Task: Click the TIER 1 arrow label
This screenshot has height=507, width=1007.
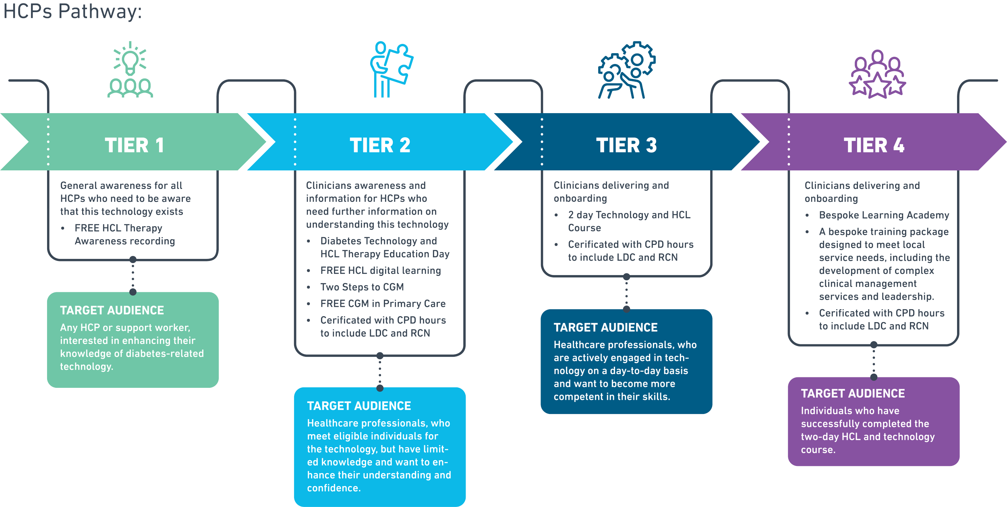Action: point(134,145)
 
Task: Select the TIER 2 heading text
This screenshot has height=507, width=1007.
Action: point(380,145)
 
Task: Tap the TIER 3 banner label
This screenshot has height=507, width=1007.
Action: point(626,145)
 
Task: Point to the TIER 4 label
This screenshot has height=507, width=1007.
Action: point(874,145)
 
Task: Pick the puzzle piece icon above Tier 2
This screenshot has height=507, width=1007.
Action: point(397,64)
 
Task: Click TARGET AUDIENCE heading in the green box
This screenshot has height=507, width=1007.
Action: point(112,310)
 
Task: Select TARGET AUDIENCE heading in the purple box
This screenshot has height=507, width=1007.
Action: point(853,393)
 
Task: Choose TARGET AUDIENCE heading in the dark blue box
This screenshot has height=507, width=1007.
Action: point(605,327)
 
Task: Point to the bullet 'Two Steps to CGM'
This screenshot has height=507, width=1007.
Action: point(362,287)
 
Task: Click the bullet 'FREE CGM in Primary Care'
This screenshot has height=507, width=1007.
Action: point(383,304)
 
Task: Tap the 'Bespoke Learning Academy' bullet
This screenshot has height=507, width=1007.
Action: point(884,215)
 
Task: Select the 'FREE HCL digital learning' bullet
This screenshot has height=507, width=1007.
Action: point(381,271)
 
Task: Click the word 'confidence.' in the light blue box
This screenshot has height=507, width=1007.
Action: point(334,488)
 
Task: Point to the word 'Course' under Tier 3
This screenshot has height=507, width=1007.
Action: point(584,228)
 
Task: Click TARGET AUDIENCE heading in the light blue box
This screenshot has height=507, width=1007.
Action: point(359,406)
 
